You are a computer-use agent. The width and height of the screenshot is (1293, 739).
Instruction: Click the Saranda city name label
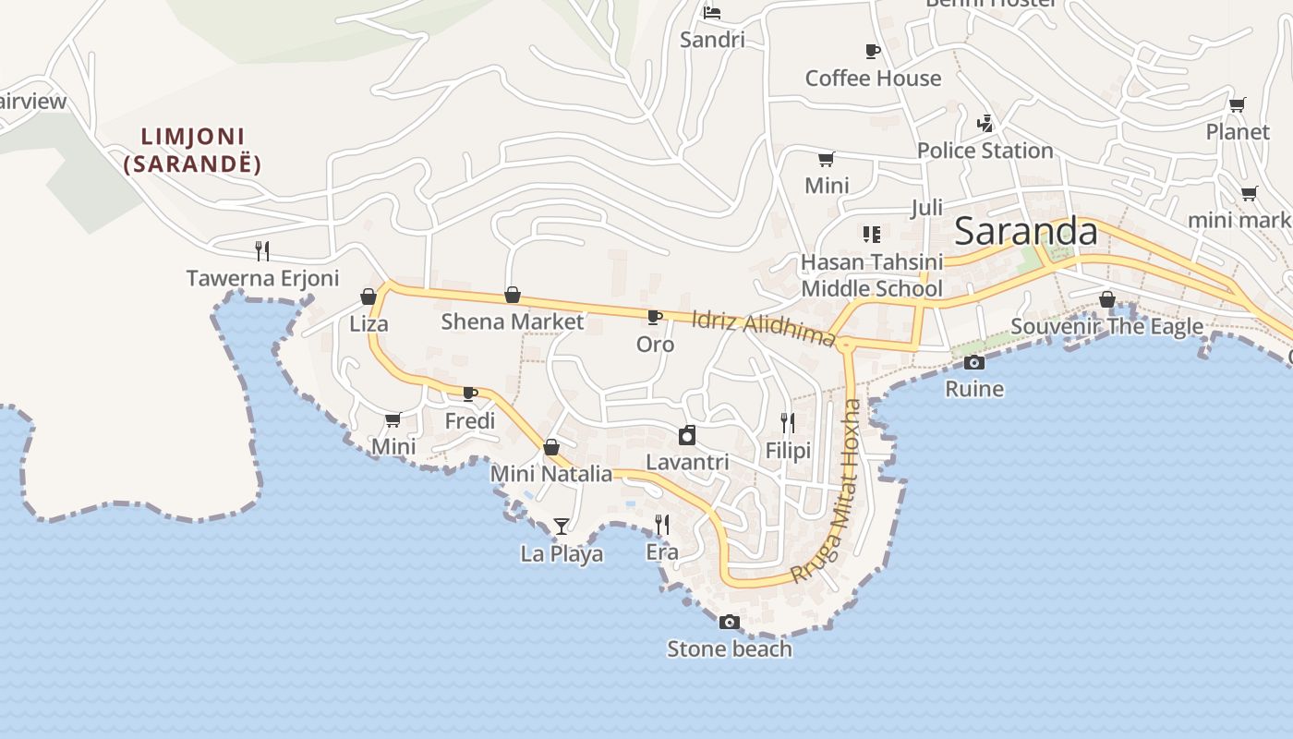(1025, 231)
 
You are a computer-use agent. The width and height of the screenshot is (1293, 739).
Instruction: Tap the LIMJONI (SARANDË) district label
(192, 151)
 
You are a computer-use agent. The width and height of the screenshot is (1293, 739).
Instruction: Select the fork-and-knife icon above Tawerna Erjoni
(262, 250)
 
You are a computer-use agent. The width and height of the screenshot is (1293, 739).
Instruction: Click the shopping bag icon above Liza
(369, 297)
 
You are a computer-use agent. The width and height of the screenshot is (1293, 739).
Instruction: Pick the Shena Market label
(512, 321)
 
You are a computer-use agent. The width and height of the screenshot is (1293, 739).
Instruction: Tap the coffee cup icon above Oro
(655, 317)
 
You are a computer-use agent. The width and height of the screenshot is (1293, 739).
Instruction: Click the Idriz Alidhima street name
(763, 328)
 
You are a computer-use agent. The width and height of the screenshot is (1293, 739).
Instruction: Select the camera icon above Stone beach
(730, 622)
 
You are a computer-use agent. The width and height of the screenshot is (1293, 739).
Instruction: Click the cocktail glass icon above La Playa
(562, 527)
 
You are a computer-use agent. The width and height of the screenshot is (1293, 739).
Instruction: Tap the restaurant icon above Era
(662, 525)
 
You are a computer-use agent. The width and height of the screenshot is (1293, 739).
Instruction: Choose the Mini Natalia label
(550, 474)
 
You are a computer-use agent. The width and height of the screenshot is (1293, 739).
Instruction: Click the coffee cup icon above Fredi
(470, 394)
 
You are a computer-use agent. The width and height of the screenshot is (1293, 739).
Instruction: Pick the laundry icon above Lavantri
(687, 435)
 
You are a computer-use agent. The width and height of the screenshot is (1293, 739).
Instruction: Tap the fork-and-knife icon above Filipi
(788, 423)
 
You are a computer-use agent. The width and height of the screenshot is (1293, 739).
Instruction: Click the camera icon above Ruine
(974, 362)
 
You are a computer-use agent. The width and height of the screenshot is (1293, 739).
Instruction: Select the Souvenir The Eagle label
(1106, 326)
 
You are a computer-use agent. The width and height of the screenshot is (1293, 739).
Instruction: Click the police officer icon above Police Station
(985, 123)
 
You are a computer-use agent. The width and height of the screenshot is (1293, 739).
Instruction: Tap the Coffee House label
(873, 79)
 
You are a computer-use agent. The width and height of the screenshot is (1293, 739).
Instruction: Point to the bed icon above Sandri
(712, 13)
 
